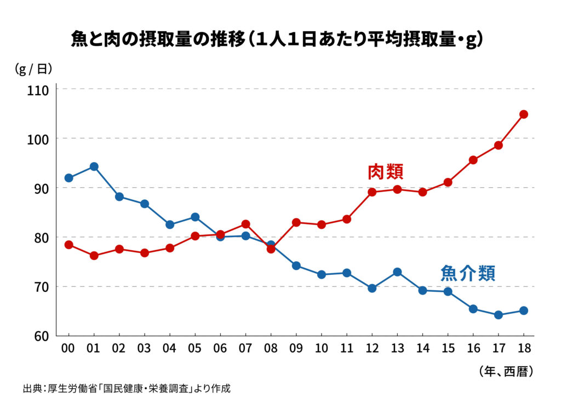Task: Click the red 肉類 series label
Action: point(386,172)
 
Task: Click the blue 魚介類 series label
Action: point(468,273)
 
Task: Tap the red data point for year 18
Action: point(523,114)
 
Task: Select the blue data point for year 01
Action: point(94,166)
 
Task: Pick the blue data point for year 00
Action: point(68,178)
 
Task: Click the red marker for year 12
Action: point(372,192)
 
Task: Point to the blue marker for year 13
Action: point(397,272)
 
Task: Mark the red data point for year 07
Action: point(245,224)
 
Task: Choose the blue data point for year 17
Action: point(498,315)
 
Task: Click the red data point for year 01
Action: point(94,256)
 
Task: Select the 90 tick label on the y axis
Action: point(41,188)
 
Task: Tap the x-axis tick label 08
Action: point(271,348)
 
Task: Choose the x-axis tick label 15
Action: point(448,348)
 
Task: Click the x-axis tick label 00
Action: point(68,348)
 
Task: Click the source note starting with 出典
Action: point(127,389)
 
